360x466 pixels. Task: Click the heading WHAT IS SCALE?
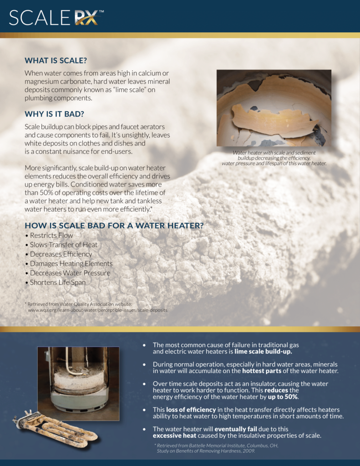tap(56, 61)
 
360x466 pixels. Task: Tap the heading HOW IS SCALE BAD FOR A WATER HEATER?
tap(114, 226)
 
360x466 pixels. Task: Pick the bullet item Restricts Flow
tap(51, 235)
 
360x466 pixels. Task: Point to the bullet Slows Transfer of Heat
tap(64, 245)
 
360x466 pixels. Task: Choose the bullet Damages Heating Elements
tap(71, 263)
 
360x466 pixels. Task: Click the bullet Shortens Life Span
tap(57, 282)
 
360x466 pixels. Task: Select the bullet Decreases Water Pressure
tap(70, 273)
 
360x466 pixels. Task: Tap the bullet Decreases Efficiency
tap(61, 254)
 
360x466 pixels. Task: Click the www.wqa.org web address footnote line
tap(97, 310)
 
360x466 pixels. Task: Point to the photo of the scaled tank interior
tap(274, 108)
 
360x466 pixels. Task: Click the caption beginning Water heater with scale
tap(274, 158)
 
